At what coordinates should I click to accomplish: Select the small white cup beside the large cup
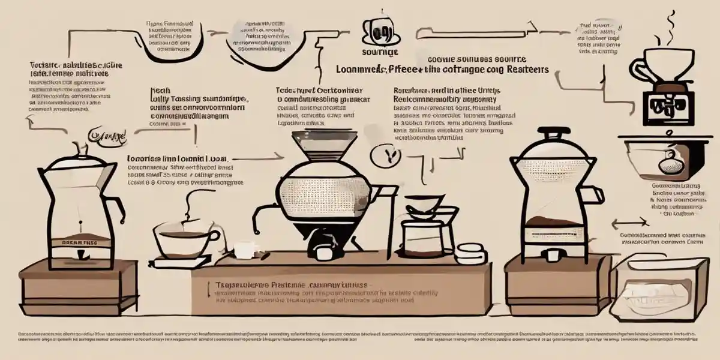[x=245, y=248]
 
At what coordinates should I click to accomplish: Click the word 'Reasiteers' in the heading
[x=521, y=69]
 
